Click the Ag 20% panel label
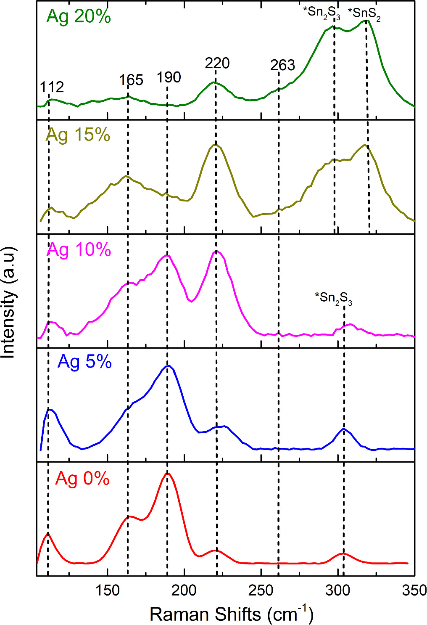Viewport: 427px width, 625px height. click(79, 17)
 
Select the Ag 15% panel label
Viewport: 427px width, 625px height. click(78, 135)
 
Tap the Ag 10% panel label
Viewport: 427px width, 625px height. click(79, 249)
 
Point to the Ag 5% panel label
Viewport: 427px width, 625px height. click(84, 362)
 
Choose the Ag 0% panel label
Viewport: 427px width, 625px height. click(82, 479)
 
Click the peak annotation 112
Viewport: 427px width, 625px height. click(52, 87)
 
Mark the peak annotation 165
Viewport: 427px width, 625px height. click(131, 80)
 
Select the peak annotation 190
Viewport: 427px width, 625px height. click(169, 77)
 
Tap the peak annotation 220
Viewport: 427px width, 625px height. click(217, 64)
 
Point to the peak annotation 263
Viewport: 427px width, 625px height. click(282, 65)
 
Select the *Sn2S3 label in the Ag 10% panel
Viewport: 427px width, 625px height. click(334, 298)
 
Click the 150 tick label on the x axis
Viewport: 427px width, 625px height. click(108, 591)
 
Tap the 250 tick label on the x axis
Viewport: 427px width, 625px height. click(261, 591)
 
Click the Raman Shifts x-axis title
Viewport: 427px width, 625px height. click(232, 614)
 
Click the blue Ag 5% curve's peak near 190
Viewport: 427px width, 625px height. click(168, 366)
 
